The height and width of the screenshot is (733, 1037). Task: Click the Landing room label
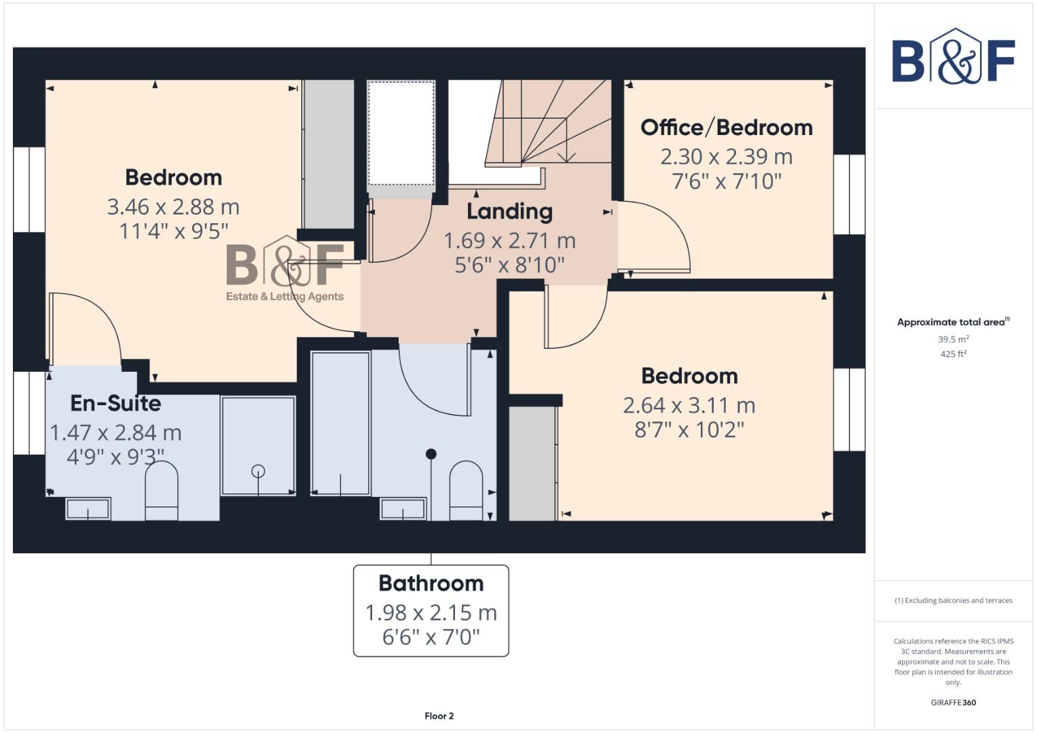[509, 212]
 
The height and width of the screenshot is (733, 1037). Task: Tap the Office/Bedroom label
[727, 128]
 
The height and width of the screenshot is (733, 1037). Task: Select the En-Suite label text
[115, 403]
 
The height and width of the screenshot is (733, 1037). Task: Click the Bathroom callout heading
[431, 584]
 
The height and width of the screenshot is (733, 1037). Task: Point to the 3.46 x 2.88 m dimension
[173, 207]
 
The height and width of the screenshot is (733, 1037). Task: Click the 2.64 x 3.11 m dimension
[689, 405]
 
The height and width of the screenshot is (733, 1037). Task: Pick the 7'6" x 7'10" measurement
[727, 181]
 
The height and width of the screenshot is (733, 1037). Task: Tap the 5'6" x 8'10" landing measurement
[509, 265]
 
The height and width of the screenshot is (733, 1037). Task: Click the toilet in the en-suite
[162, 490]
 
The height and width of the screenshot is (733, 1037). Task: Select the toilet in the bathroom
[466, 490]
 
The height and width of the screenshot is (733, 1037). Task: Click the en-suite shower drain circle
[258, 471]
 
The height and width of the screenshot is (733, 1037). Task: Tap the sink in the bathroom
[403, 509]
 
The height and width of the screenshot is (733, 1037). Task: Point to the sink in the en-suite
[88, 508]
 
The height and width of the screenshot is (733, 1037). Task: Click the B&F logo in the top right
[953, 58]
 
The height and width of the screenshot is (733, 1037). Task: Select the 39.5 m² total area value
[953, 339]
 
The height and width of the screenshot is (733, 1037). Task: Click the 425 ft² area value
[953, 354]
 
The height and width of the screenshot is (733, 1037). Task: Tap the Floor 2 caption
[439, 716]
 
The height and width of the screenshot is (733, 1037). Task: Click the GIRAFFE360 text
[953, 702]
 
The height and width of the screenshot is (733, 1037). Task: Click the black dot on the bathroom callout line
[431, 454]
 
